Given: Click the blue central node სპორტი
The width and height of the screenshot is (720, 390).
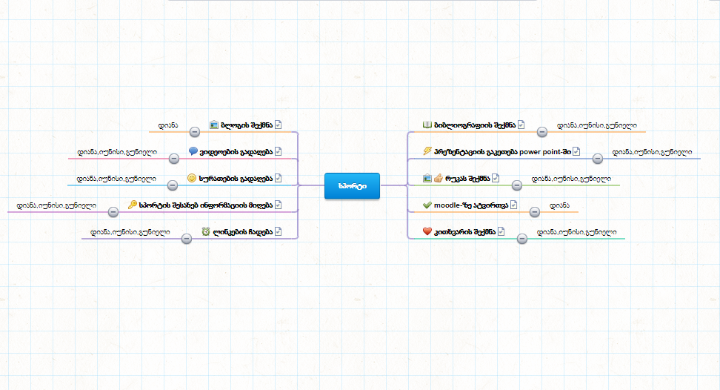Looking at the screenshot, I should [x=352, y=185].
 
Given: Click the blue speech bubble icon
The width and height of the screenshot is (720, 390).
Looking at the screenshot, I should [x=193, y=151].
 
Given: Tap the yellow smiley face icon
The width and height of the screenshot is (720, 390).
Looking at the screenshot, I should [x=192, y=178].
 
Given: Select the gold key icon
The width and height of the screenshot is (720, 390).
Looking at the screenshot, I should [x=132, y=205].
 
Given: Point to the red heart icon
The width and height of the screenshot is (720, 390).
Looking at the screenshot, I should [x=427, y=231].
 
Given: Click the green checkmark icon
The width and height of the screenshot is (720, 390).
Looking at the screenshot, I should [x=427, y=205].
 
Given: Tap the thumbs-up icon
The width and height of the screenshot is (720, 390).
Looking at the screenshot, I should [x=438, y=178].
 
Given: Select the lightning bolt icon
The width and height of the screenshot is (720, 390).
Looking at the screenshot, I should [x=427, y=151].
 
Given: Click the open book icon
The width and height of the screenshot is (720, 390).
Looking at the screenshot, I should [x=427, y=125].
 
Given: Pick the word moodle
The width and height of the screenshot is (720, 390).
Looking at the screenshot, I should [x=447, y=205].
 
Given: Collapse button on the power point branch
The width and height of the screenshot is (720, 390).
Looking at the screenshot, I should [x=597, y=158].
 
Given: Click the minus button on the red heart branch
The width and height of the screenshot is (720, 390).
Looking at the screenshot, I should [x=522, y=238].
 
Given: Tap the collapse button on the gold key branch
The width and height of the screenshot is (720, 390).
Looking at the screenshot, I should [x=113, y=211].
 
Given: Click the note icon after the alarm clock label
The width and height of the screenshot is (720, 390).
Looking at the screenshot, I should [x=279, y=231].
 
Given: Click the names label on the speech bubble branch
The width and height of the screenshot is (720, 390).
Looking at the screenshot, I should [x=117, y=152].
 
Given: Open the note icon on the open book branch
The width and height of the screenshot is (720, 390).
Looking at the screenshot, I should [x=521, y=125].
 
